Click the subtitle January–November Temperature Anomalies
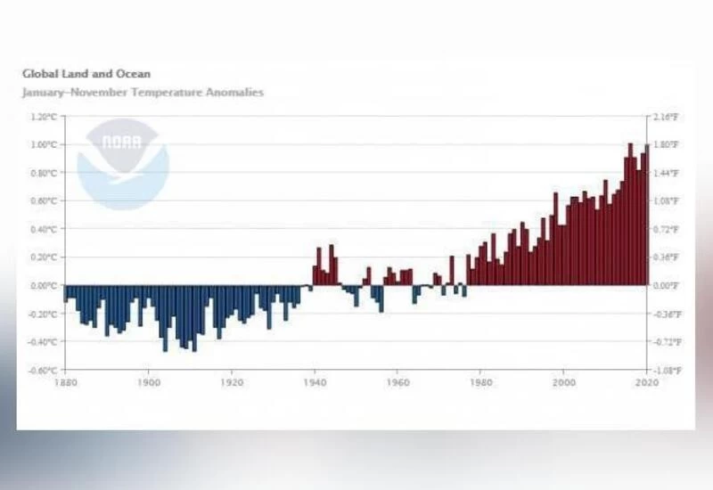[143, 92]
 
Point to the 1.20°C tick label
[43, 117]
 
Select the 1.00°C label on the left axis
[43, 144]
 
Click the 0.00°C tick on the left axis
[43, 285]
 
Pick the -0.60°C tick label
[42, 370]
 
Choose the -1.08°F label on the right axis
[668, 370]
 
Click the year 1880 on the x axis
[64, 382]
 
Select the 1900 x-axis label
[148, 382]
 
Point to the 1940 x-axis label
[314, 382]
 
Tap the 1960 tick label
[397, 382]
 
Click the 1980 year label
[480, 382]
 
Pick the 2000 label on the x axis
[563, 382]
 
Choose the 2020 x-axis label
[646, 382]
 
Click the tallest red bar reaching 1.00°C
[630, 214]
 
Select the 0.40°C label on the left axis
[43, 229]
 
